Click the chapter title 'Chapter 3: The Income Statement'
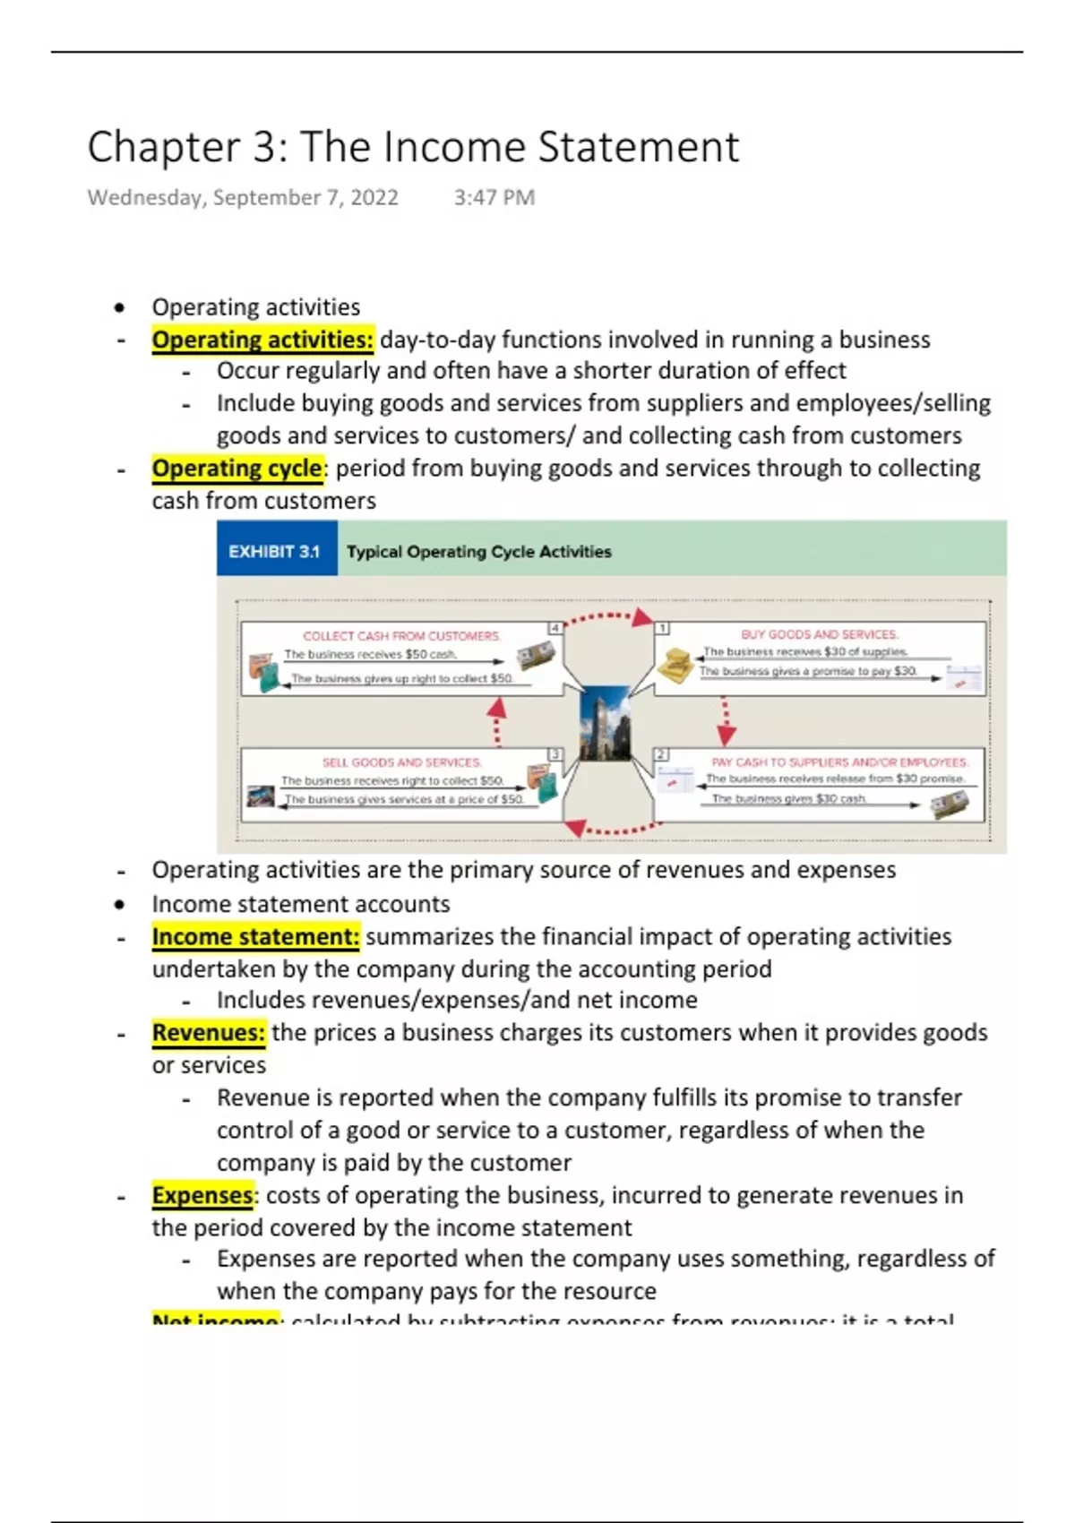click(413, 147)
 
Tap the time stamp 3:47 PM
click(494, 198)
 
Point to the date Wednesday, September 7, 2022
click(243, 198)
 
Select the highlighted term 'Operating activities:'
click(262, 340)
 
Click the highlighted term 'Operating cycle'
click(237, 469)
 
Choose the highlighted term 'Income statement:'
click(255, 937)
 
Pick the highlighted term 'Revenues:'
click(209, 1033)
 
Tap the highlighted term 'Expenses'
click(202, 1196)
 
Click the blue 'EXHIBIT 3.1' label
click(275, 552)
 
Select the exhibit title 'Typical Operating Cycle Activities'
click(478, 552)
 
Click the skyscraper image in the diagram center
click(605, 722)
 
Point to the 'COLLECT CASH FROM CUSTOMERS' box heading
click(401, 636)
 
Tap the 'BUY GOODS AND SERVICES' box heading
click(819, 634)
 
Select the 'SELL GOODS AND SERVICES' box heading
click(401, 762)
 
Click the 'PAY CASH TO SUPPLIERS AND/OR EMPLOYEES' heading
click(839, 762)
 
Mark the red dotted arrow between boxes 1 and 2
click(726, 721)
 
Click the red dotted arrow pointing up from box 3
click(496, 721)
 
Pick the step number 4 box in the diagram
click(555, 628)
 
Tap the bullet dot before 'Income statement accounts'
click(120, 905)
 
